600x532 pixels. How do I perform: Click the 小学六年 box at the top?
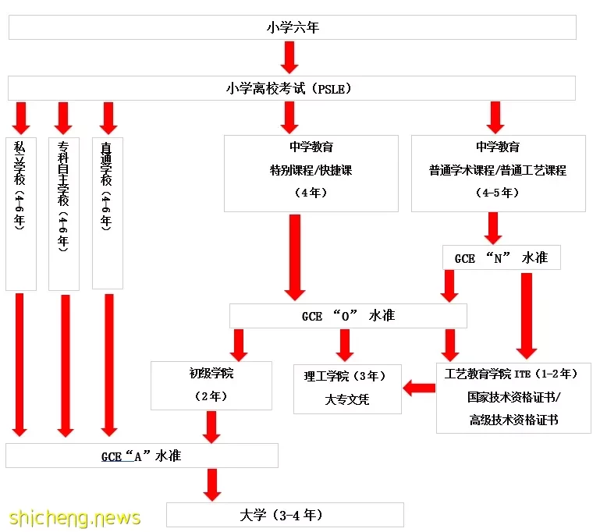293,27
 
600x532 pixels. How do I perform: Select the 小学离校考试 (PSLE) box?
292,88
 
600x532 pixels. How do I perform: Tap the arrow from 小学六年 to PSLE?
289,58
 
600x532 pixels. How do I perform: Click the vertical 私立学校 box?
21,214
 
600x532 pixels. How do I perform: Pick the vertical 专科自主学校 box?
64,214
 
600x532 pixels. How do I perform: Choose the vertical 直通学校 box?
108,213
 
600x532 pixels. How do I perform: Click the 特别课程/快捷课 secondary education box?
311,173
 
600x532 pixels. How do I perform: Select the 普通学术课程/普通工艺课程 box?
499,173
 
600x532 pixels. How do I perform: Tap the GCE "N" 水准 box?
501,257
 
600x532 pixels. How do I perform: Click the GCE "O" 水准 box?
348,316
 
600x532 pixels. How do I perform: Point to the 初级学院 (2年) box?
211,385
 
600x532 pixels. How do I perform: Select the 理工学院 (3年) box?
347,389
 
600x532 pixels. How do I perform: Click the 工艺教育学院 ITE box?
513,398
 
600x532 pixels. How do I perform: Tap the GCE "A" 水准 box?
141,456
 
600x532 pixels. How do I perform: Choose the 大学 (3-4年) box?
285,515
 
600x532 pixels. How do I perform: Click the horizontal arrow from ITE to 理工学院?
419,388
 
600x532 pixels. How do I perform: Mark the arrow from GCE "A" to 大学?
212,485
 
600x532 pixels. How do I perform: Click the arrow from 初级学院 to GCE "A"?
211,427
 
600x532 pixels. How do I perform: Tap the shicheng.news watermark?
75,518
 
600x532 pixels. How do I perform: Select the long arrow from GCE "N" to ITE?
527,316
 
